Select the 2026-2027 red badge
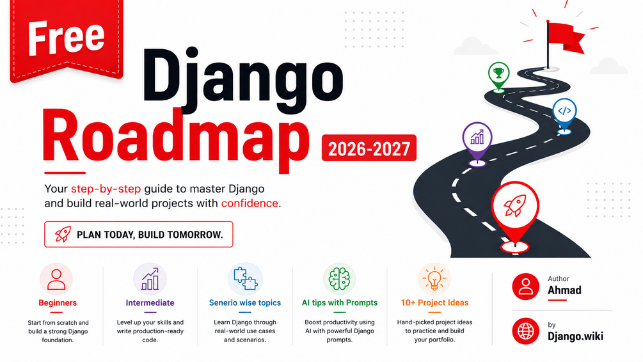[x=369, y=148]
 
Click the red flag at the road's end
[x=565, y=38]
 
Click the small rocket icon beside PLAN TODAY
[x=63, y=235]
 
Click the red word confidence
[x=250, y=203]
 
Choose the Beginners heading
[x=58, y=303]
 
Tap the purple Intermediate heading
[x=150, y=303]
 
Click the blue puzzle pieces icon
[x=246, y=278]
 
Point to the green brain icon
[x=340, y=279]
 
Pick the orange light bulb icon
[x=434, y=279]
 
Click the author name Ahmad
[x=564, y=290]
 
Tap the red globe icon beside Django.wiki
[x=526, y=331]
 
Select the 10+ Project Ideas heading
[x=434, y=303]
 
